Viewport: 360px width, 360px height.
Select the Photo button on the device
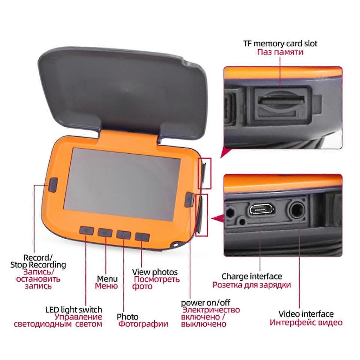(124, 234)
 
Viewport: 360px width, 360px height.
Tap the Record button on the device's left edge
(53, 184)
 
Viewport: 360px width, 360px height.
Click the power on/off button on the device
(189, 200)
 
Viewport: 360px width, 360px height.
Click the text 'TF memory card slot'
(280, 44)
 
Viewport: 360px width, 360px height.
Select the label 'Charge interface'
(252, 276)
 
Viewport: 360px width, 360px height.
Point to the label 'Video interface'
(306, 314)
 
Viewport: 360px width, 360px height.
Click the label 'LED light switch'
(74, 310)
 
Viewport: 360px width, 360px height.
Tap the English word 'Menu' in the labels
(108, 279)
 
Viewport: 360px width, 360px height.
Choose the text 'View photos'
(155, 272)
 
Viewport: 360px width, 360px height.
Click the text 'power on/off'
(206, 303)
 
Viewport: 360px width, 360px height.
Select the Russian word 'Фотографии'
(143, 324)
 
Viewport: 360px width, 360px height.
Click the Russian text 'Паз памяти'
(280, 52)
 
